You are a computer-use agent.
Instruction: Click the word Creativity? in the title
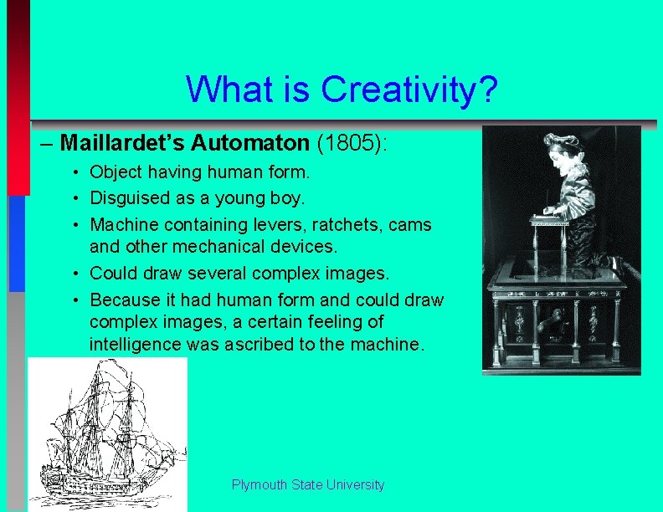click(x=409, y=89)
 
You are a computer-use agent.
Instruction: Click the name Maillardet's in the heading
click(x=123, y=143)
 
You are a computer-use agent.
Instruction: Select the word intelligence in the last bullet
click(x=134, y=344)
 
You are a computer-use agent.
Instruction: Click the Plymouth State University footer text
click(x=307, y=485)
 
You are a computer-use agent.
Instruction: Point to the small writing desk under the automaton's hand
click(x=553, y=220)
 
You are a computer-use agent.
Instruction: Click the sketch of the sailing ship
click(x=106, y=433)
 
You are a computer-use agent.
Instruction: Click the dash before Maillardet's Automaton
click(x=48, y=143)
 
